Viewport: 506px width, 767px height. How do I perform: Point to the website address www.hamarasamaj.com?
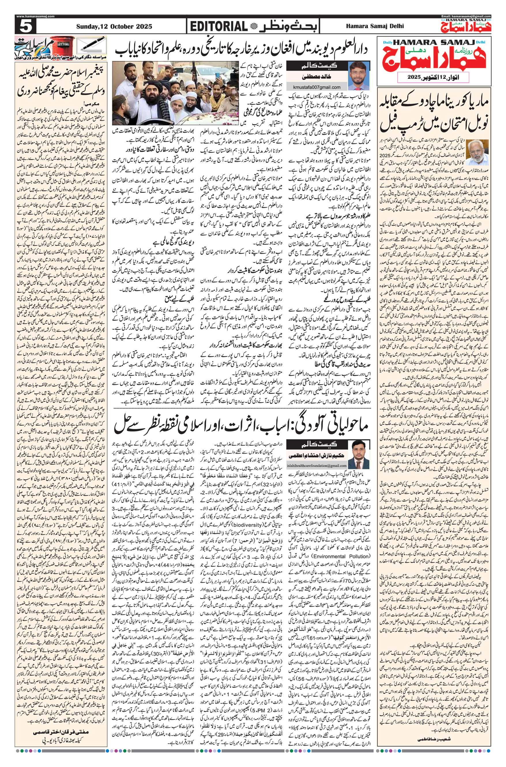[35, 16]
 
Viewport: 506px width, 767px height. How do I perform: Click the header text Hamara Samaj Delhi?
[379, 27]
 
